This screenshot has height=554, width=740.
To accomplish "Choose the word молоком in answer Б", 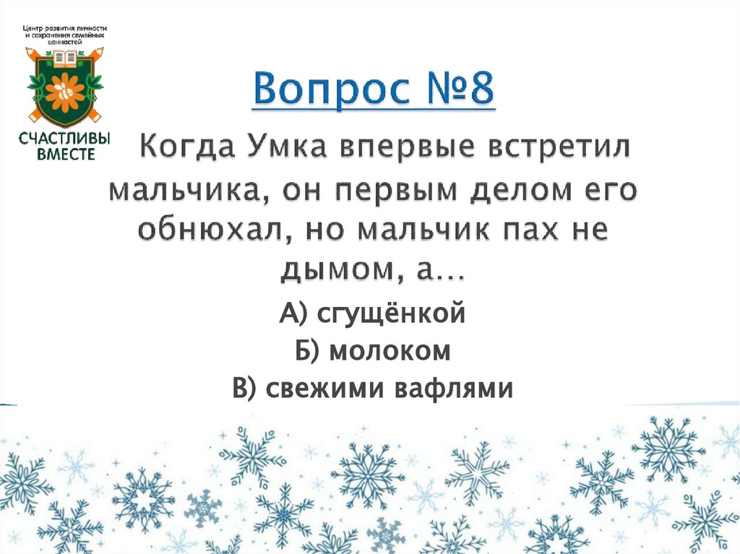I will pyautogui.click(x=390, y=352).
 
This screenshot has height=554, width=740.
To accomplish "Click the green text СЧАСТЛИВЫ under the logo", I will pyautogui.click(x=65, y=138).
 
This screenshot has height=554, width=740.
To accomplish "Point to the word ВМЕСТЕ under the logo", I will pyautogui.click(x=65, y=153).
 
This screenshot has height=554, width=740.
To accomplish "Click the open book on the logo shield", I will pyautogui.click(x=65, y=56).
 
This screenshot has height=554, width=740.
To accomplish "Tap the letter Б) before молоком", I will pyautogui.click(x=308, y=352).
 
